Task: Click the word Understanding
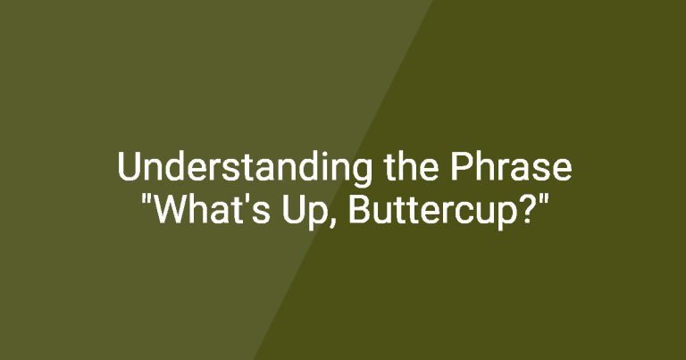245,169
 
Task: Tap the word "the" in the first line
411,166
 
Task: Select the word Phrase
511,166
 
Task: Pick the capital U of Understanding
129,166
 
